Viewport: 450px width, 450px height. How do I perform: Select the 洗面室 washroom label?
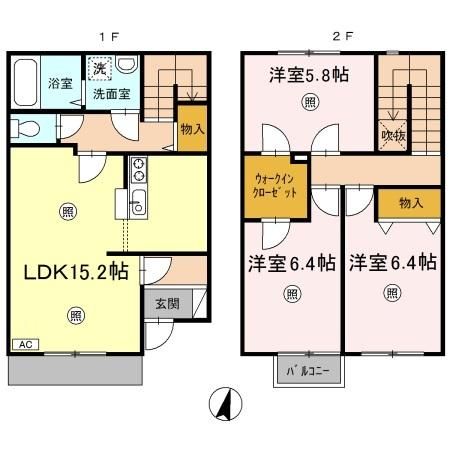click(111, 93)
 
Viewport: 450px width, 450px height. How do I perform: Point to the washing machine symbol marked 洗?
click(98, 69)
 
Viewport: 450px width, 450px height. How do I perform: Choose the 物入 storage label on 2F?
click(410, 203)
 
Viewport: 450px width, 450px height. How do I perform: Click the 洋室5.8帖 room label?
click(309, 75)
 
